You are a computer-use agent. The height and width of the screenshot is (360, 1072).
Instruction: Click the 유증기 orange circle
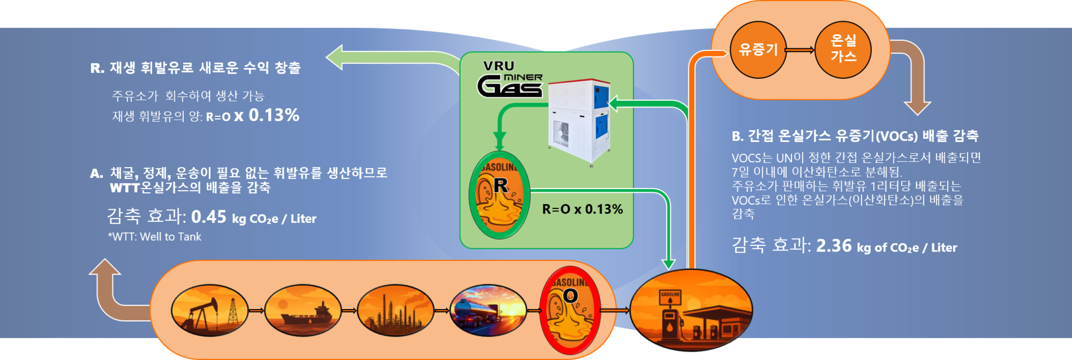(758, 50)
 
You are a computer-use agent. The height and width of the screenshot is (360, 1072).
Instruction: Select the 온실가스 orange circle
(843, 49)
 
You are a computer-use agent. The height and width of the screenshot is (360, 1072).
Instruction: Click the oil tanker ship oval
(302, 310)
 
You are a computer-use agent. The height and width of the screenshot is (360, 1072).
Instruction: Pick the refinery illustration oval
(396, 310)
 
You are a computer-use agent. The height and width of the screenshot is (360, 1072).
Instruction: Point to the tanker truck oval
(488, 310)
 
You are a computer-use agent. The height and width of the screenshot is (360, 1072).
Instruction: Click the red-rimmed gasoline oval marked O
(569, 311)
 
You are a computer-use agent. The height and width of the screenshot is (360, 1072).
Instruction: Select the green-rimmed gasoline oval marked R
(499, 195)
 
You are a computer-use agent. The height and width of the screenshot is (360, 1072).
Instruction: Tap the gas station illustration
(691, 310)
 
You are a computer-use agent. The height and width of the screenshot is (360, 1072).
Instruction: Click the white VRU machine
(579, 120)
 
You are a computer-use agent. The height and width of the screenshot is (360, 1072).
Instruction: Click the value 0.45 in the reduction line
(209, 217)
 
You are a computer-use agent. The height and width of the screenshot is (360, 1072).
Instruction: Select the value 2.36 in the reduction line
(833, 246)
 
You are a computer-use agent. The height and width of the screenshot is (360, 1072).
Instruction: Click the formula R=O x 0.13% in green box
(582, 209)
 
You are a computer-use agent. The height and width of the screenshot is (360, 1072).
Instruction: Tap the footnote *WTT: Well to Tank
(155, 237)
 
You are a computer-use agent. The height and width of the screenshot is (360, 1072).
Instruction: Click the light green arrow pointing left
(341, 58)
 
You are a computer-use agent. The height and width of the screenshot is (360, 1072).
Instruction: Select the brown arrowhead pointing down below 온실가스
(917, 106)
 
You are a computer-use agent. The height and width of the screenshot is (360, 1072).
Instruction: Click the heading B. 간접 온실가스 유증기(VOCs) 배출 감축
(855, 136)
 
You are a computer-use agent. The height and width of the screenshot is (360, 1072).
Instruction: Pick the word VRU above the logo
(498, 66)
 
